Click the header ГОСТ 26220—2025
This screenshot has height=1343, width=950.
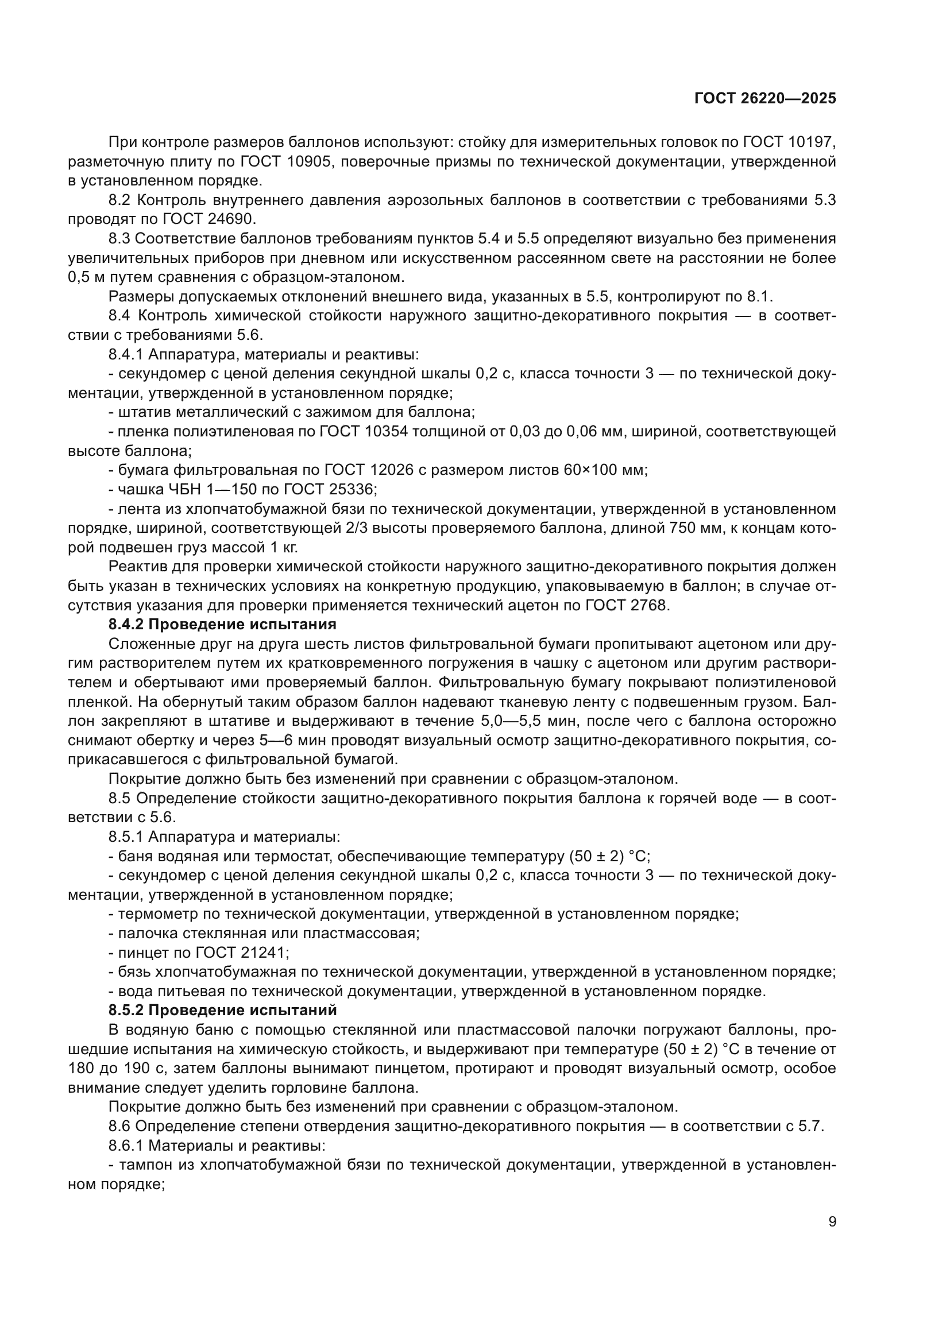coord(765,98)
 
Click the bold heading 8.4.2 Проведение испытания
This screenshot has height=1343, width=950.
coord(222,625)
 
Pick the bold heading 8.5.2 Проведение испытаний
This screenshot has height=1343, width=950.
coord(222,1010)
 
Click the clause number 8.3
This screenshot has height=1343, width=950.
coord(119,239)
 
